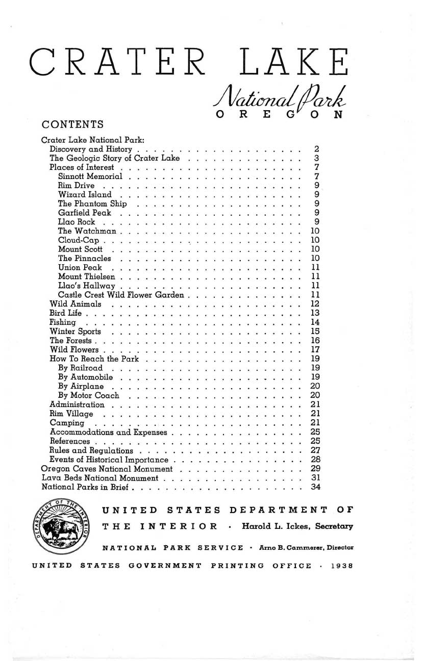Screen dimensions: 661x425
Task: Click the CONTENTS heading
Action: pyautogui.click(x=73, y=124)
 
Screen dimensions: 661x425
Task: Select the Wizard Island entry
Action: pyautogui.click(x=85, y=194)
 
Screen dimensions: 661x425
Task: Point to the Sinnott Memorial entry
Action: pyautogui.click(x=90, y=176)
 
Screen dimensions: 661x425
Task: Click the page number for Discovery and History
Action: pyautogui.click(x=317, y=149)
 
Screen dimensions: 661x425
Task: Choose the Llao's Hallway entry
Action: pyautogui.click(x=87, y=286)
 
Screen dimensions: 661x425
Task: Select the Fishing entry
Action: pyautogui.click(x=63, y=322)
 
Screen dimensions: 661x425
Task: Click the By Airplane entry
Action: pyautogui.click(x=81, y=386)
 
